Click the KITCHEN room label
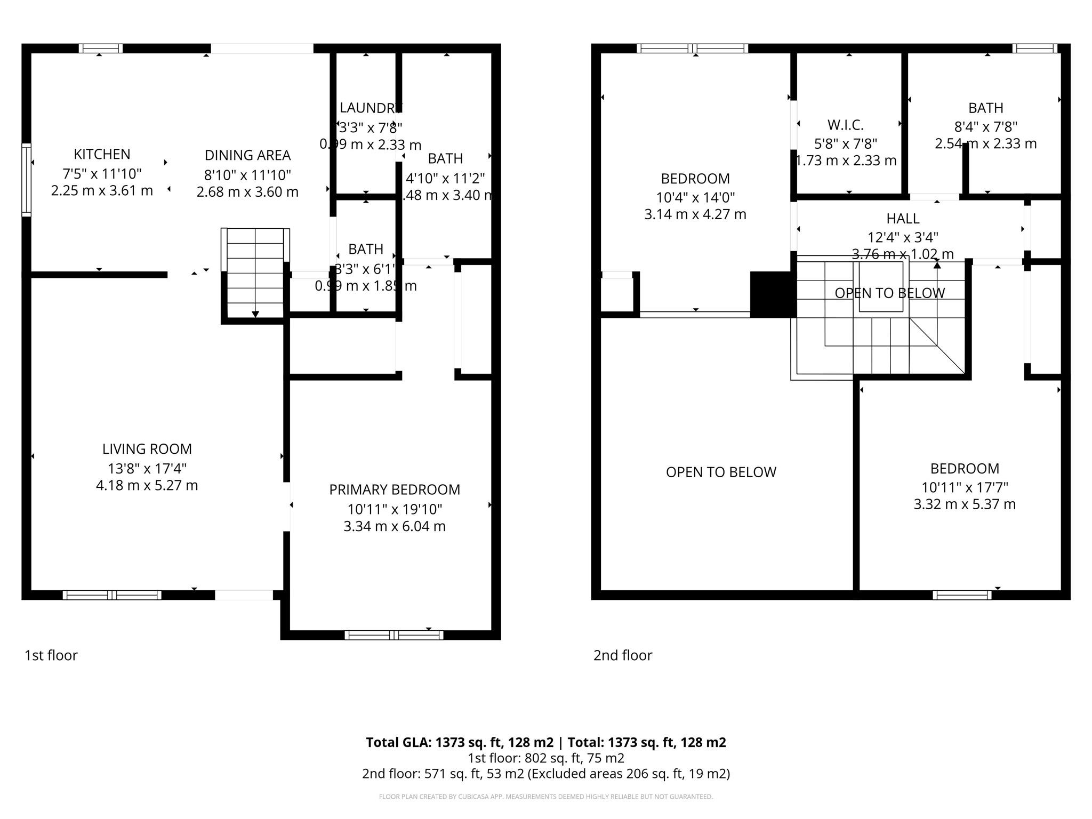pos(102,154)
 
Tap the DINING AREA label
pos(247,155)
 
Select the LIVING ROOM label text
pos(147,449)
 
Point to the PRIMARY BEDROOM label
pos(394,489)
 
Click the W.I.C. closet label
pos(845,125)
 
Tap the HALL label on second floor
pos(903,219)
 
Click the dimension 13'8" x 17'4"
pos(147,469)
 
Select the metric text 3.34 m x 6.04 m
pos(394,526)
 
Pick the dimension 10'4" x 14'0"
pos(695,197)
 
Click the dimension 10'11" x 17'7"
pos(965,487)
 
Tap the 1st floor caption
pos(51,655)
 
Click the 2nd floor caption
pos(623,655)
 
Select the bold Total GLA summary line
pos(545,742)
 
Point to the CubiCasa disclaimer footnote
pos(545,797)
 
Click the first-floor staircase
pos(255,273)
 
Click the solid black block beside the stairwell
pos(773,294)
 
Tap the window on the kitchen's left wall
pos(26,180)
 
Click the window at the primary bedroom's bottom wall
pos(394,635)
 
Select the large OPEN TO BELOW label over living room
pos(721,472)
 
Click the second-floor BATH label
pos(985,108)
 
